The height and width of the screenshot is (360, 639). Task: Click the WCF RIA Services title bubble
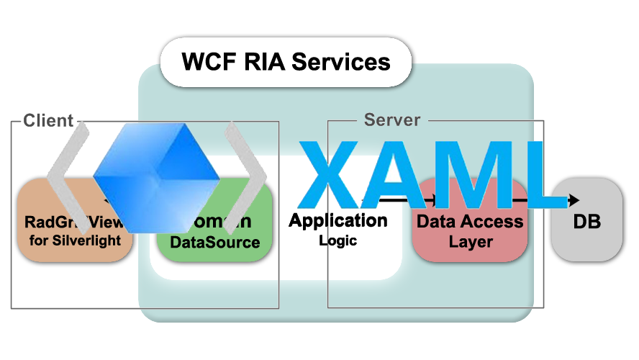(x=286, y=62)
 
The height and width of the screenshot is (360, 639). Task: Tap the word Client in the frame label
(x=48, y=120)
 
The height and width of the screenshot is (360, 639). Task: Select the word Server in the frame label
(x=392, y=120)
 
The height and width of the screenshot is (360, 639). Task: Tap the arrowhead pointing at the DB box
(x=574, y=199)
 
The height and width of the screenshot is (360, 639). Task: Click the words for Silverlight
(x=76, y=240)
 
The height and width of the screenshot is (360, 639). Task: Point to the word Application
(x=338, y=220)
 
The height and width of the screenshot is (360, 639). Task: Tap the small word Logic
(x=338, y=240)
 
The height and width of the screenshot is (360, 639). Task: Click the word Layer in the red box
(x=471, y=242)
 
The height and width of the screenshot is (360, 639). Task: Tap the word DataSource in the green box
(x=214, y=242)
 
